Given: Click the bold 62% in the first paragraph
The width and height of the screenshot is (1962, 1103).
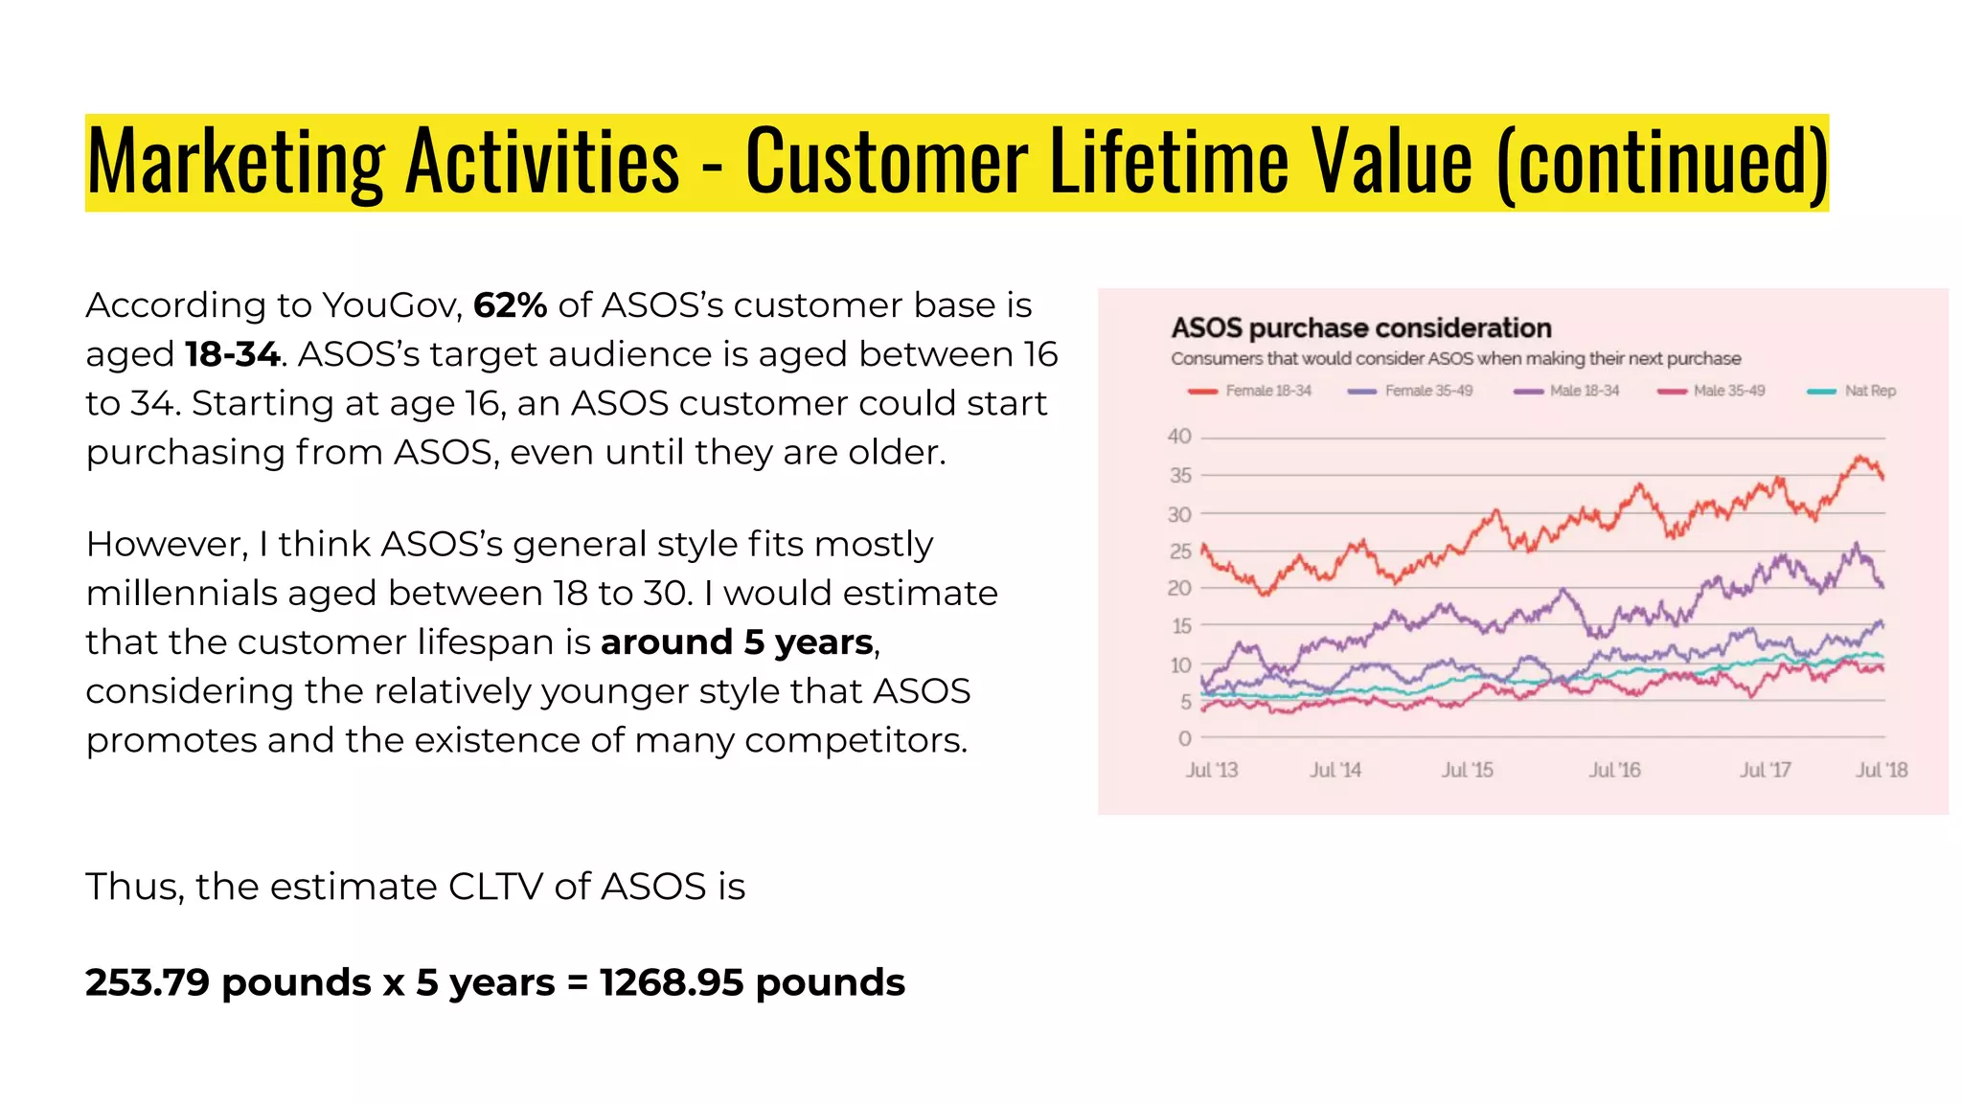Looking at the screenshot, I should (510, 305).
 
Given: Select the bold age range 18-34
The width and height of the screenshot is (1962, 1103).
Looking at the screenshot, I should (233, 354).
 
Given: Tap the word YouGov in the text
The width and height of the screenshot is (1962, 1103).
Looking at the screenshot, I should (392, 305).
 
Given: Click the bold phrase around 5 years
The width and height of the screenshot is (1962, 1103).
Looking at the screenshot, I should (737, 642).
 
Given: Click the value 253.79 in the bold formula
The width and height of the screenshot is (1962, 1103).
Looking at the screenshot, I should (148, 982).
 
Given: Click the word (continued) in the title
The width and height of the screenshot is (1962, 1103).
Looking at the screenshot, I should (1661, 161).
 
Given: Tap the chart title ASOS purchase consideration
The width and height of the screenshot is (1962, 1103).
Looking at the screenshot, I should (1360, 328).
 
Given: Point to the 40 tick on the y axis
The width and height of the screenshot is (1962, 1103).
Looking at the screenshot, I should (1179, 437).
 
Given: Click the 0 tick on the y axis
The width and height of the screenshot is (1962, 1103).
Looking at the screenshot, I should (1185, 738).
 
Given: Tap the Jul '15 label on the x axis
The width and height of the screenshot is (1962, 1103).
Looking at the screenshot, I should (1467, 770).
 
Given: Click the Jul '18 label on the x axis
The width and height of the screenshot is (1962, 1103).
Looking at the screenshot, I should (1882, 770).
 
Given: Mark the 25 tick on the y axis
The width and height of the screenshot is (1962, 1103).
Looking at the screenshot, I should (1179, 551).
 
